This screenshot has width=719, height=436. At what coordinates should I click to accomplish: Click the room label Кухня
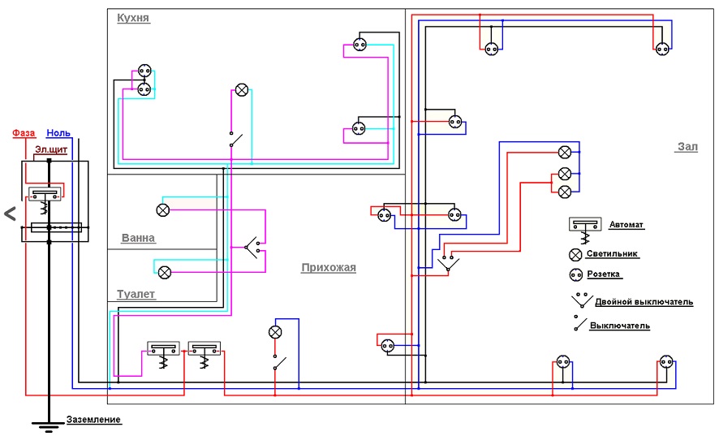[x=133, y=17]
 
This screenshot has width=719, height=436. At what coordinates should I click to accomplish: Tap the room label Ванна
[x=138, y=239]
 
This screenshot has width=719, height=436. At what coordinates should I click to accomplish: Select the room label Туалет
[x=136, y=295]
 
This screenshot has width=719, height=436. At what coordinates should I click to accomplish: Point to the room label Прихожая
[x=329, y=267]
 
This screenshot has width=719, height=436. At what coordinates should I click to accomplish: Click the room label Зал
[x=687, y=147]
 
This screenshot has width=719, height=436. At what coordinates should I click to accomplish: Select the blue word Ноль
[x=58, y=132]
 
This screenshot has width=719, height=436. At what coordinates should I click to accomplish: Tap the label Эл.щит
[x=51, y=150]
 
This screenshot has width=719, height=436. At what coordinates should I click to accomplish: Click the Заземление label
[x=94, y=420]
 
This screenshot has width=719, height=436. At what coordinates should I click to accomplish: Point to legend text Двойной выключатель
[x=644, y=302]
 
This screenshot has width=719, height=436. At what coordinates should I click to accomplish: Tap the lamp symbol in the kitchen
[x=241, y=89]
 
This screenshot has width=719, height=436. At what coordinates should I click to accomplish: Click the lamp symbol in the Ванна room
[x=162, y=209]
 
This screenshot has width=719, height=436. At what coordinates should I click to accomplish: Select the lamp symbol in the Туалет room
[x=164, y=271]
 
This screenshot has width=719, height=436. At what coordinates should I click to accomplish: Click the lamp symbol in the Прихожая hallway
[x=275, y=332]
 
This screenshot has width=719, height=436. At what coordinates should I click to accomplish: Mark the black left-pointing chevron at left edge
[x=10, y=214]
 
